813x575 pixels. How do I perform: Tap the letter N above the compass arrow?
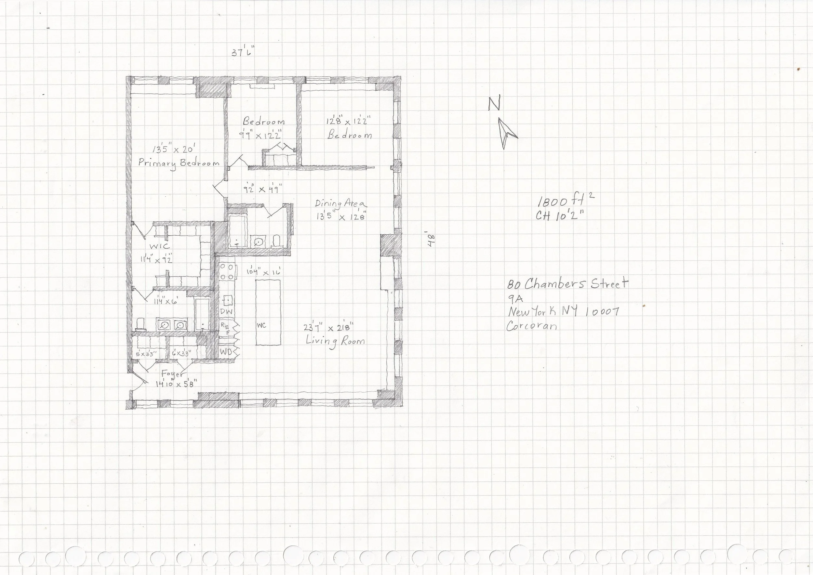[494, 103]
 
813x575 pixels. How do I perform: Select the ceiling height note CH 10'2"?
[559, 215]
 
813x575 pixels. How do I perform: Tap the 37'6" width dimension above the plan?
[243, 52]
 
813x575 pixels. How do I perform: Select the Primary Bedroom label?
[179, 163]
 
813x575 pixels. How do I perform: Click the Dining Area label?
[341, 204]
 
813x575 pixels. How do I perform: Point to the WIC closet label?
[159, 246]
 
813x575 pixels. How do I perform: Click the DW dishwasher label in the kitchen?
[226, 312]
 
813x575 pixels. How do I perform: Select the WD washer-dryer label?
[226, 352]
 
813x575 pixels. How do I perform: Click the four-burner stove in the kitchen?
[227, 272]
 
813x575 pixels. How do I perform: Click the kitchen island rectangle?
[268, 312]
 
